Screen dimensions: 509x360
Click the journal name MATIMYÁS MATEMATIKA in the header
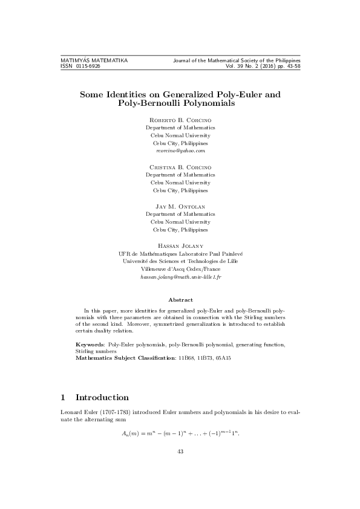[x=94, y=61]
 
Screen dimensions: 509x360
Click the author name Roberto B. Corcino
[x=180, y=120]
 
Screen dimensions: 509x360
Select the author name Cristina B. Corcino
[x=180, y=166]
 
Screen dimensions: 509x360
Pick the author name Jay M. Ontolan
[x=180, y=206]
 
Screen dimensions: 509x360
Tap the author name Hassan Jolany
[x=180, y=245]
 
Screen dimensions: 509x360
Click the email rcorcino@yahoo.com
[x=180, y=151]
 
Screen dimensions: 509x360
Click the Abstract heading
[x=180, y=300]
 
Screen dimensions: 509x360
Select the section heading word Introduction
[x=102, y=398]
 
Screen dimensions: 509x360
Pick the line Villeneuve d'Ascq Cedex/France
[x=180, y=269]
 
